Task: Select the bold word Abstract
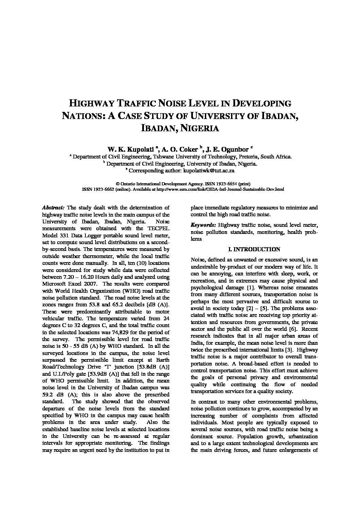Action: [53, 207]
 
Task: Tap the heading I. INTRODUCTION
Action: [254, 249]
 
